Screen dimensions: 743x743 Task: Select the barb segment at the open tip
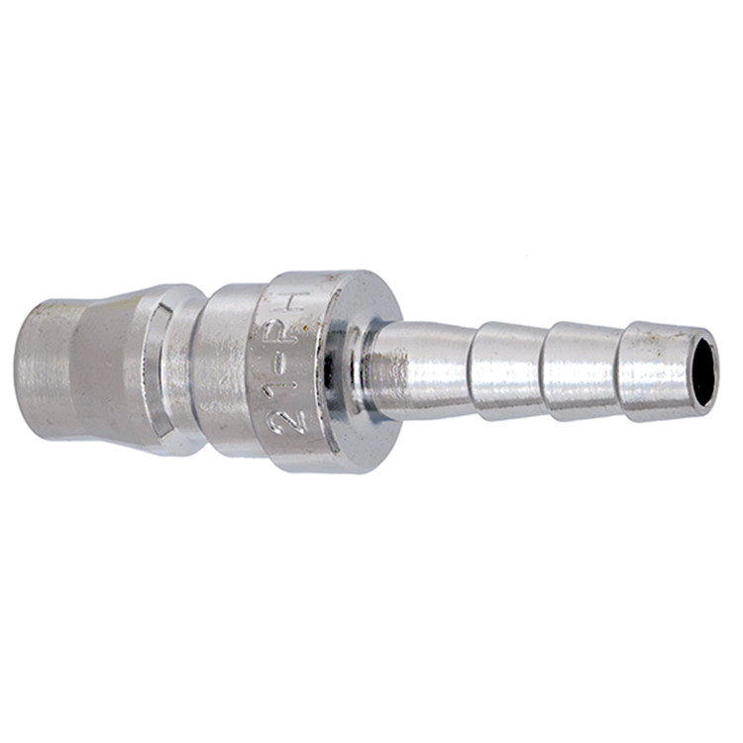658,371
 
